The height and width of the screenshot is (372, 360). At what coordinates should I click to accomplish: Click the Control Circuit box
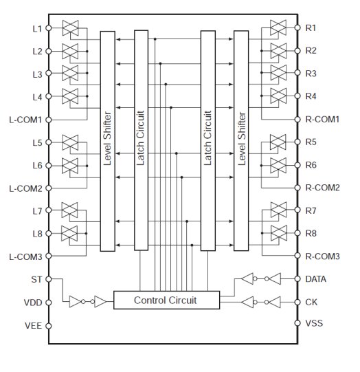(167, 300)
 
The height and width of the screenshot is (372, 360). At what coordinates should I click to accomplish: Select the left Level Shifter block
(108, 141)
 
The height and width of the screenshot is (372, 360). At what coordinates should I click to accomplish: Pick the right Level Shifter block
(241, 141)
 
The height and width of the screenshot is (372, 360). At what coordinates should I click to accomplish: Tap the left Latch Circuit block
(142, 140)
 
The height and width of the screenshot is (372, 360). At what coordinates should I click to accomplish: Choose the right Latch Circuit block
(208, 141)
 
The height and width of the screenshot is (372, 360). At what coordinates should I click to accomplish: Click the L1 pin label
(37, 29)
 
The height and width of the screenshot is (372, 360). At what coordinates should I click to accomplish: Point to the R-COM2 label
(322, 188)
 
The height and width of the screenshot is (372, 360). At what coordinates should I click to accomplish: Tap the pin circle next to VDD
(48, 303)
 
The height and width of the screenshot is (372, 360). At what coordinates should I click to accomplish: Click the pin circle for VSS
(297, 323)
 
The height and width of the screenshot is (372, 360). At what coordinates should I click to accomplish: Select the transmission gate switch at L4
(70, 96)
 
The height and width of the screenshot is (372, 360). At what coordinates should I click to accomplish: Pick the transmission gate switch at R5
(278, 142)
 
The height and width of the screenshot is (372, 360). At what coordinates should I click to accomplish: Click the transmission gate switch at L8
(69, 233)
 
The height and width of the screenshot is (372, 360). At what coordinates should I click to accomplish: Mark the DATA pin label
(315, 279)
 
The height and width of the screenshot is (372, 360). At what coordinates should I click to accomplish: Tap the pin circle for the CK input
(297, 303)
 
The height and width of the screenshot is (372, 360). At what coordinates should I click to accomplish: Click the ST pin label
(36, 279)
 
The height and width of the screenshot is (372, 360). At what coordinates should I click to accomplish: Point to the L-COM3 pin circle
(48, 256)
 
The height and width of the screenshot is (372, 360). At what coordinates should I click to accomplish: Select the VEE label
(33, 326)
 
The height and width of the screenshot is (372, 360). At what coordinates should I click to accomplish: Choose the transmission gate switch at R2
(279, 51)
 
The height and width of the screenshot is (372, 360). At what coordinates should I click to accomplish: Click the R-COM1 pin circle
(297, 120)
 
